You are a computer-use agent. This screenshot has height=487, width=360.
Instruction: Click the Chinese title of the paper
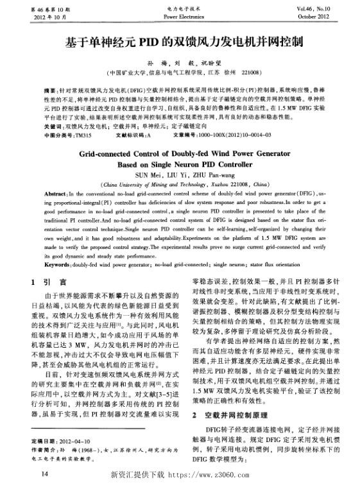pyautogui.click(x=182, y=43)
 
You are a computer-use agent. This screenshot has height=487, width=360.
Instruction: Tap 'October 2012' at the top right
pyautogui.click(x=331, y=16)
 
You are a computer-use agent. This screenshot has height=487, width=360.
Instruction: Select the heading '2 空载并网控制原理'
pyautogui.click(x=230, y=380)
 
